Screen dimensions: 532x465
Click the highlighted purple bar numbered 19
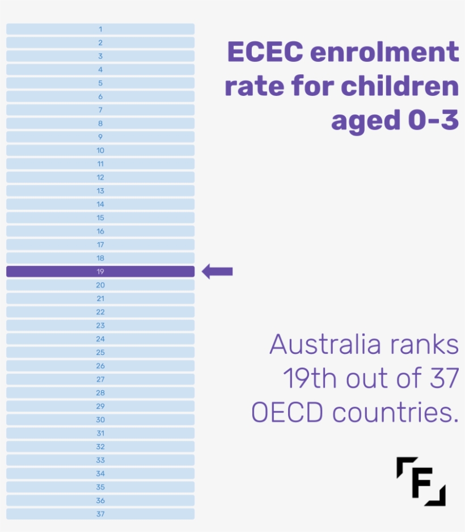[x=100, y=272]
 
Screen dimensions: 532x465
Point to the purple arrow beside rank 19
[x=217, y=272]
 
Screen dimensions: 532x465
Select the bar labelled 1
[x=100, y=29]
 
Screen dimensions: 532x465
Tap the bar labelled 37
[x=100, y=514]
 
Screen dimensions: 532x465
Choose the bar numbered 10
[x=100, y=150]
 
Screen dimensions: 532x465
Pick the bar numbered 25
[x=100, y=352]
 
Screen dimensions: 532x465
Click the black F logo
[x=421, y=481]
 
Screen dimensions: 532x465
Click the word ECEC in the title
[x=264, y=53]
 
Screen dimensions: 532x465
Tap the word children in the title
[x=400, y=87]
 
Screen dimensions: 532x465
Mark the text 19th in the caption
[x=310, y=379]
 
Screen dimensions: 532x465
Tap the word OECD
[x=288, y=413]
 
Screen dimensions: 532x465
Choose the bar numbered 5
[x=100, y=83]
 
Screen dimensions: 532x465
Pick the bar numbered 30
[x=100, y=420]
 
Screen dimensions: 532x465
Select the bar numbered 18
[x=100, y=258]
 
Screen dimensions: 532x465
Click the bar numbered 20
[x=100, y=285]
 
